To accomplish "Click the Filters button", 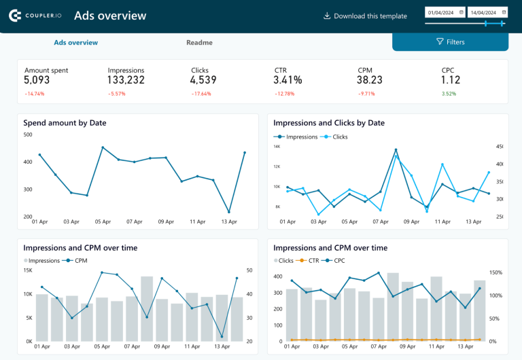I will click(x=450, y=42).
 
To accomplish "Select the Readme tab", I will click(x=199, y=43).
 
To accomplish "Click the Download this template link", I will click(x=365, y=16).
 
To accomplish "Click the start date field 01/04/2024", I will click(x=445, y=12).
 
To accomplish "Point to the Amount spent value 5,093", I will click(x=37, y=80).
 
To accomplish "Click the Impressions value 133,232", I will click(x=126, y=80).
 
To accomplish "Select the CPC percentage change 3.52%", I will click(x=449, y=94).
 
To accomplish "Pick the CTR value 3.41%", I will click(x=288, y=80).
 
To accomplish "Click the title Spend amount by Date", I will click(x=65, y=123).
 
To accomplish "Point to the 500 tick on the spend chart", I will click(x=28, y=134).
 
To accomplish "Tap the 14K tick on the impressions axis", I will click(x=277, y=146).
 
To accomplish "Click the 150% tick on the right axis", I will click(x=495, y=273).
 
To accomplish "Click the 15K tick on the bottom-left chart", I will click(x=28, y=270).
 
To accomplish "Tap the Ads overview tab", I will click(x=75, y=43).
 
